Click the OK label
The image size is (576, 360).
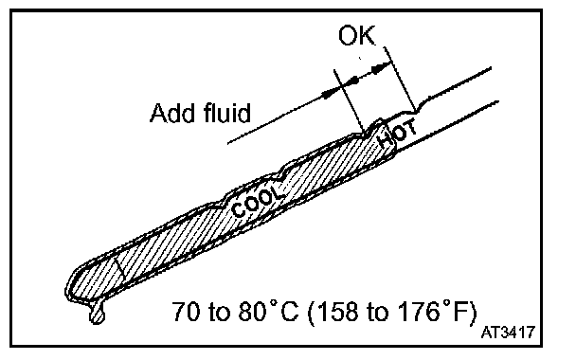[357, 36]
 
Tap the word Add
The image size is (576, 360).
[172, 113]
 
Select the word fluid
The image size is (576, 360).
[226, 112]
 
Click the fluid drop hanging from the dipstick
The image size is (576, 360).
[97, 314]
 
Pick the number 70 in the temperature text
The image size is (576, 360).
[187, 312]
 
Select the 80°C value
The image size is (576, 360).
[268, 311]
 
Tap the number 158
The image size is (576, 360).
[337, 312]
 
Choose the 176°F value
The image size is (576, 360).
[434, 311]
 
